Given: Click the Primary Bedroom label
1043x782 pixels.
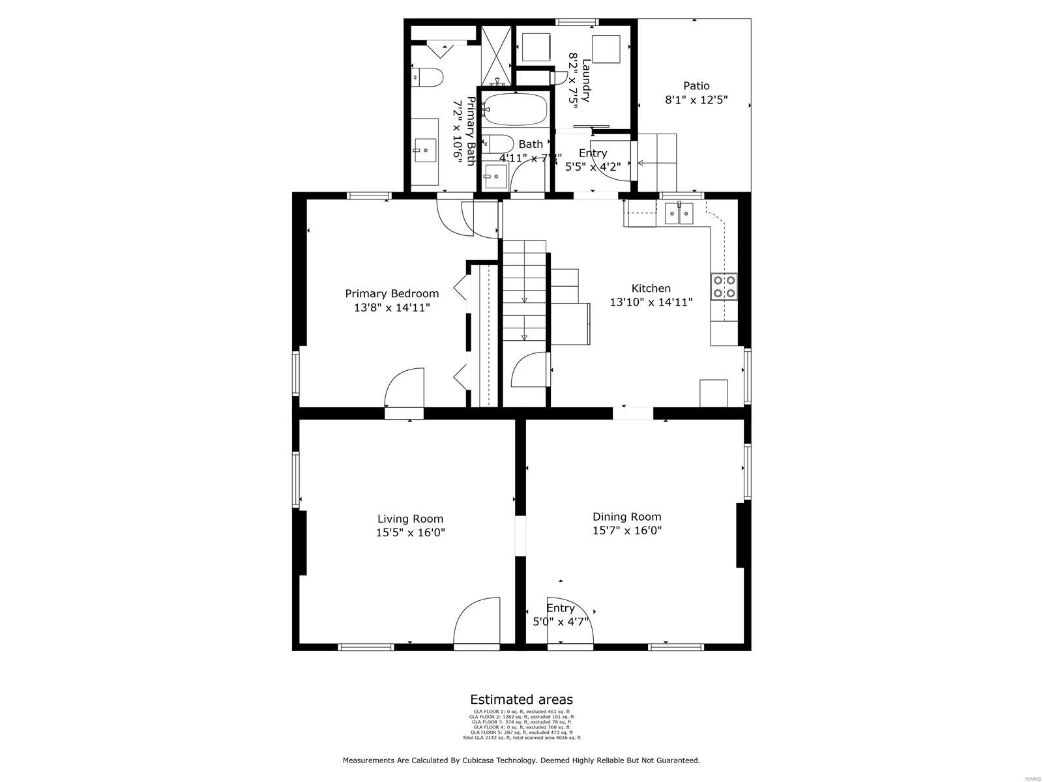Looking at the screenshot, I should point(392,293).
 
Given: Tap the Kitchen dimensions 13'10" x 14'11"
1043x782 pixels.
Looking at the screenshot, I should point(651,302).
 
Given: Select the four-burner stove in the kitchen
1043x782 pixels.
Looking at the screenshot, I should point(724,287).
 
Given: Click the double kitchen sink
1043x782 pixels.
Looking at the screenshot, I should point(679,213).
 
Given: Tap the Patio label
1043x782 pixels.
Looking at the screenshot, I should point(696,86).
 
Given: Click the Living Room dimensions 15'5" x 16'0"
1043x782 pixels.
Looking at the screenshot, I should point(410,532).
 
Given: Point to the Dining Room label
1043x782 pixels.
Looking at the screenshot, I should point(626,517).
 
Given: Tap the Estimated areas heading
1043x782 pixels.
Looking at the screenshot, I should point(521,699).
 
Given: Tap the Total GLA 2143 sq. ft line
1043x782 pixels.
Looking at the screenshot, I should point(521,738).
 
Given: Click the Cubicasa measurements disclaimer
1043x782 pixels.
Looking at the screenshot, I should point(521,760).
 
